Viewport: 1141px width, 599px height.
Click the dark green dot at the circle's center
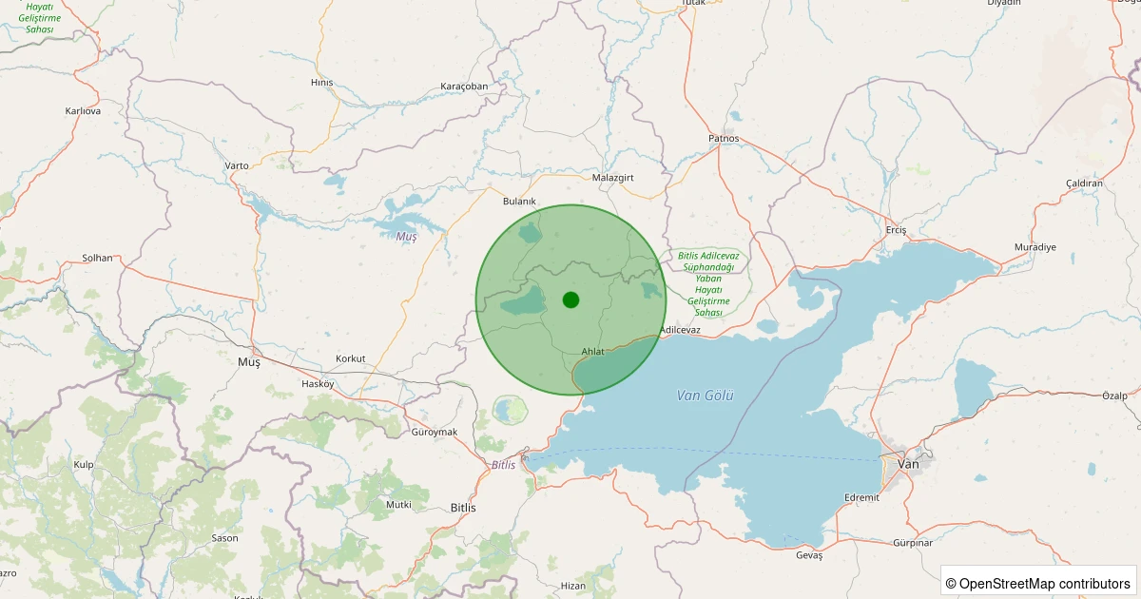tap(570, 299)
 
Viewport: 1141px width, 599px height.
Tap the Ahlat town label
tap(592, 352)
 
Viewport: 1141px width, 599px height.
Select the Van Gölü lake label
tap(706, 395)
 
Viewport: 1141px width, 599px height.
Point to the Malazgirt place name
tap(612, 178)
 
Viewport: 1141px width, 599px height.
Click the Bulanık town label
tap(519, 202)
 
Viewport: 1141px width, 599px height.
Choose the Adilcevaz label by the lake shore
tap(680, 330)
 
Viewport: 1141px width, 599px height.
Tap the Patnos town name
tap(724, 139)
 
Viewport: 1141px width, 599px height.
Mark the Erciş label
tap(896, 231)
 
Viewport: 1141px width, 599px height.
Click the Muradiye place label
tap(1035, 247)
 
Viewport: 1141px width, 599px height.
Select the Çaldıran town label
tap(1084, 183)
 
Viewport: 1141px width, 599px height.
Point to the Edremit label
tap(861, 497)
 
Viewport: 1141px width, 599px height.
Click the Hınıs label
tap(322, 83)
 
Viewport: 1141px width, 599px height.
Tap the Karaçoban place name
tap(464, 87)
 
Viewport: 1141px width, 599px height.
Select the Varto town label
tap(237, 165)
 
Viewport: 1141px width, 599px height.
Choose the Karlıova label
tap(83, 111)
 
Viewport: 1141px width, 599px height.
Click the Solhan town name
tap(97, 258)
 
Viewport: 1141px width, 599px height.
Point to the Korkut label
tap(350, 358)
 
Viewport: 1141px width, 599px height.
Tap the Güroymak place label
tap(435, 433)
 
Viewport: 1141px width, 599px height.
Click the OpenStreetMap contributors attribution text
tap(1038, 583)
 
